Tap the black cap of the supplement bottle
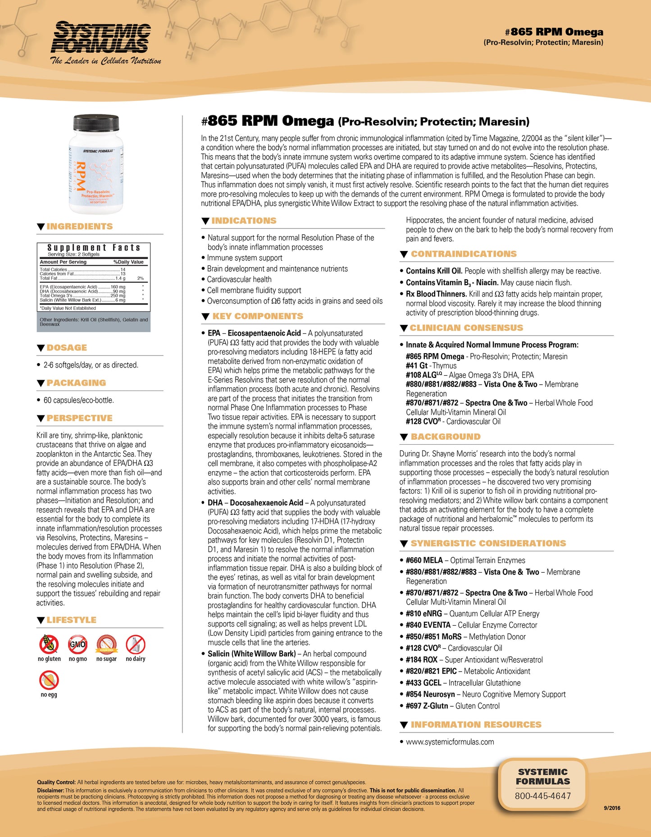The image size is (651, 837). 96,122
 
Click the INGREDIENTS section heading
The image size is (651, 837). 80,227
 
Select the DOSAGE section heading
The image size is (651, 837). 67,348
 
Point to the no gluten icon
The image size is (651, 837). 49,645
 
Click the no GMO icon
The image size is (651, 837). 77,645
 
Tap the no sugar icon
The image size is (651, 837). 106,645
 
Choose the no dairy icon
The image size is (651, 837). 135,645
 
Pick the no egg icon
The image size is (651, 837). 49,680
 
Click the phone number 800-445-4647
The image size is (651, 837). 543,796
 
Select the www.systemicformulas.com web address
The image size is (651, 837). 450,742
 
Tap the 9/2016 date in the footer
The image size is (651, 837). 612,808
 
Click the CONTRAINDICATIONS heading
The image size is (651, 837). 464,254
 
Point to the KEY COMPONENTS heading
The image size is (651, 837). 258,316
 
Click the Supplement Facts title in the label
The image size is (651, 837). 94,248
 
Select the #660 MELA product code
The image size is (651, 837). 424,560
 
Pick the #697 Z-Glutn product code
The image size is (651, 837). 427,706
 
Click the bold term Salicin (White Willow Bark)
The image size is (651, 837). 251,654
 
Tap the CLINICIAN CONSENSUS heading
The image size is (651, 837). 466,328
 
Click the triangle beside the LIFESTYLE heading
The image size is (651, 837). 41,621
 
